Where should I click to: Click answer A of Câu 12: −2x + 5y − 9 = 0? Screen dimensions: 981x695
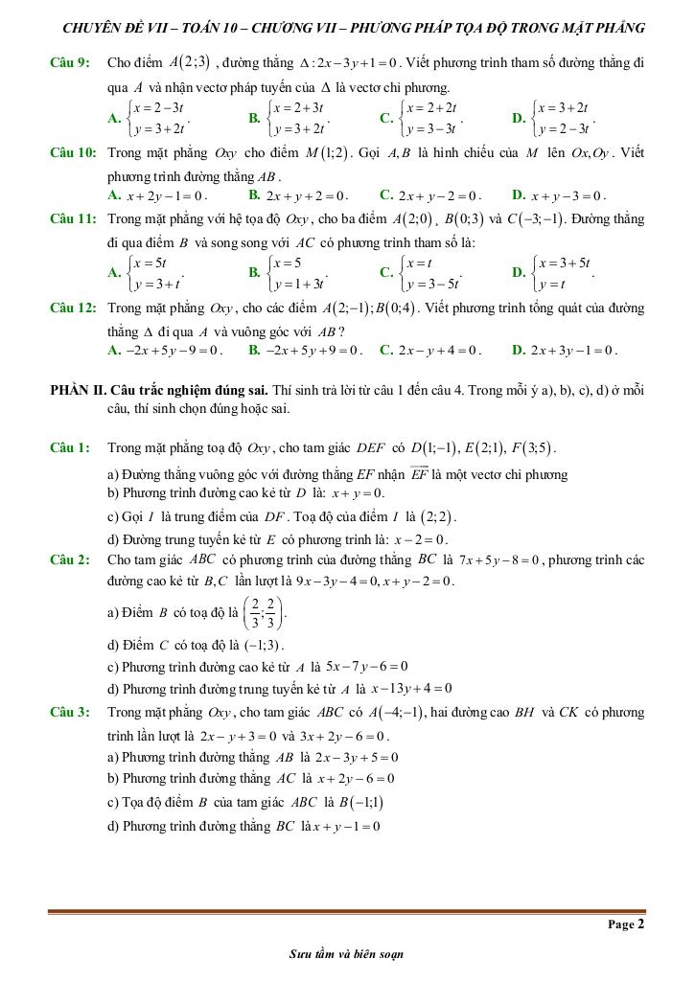point(167,351)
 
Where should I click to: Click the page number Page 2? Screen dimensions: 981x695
point(626,924)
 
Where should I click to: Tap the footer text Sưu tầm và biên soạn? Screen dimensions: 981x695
point(346,954)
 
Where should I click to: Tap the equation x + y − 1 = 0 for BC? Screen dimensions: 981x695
point(343,826)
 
